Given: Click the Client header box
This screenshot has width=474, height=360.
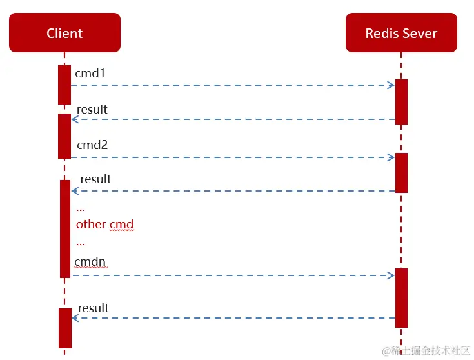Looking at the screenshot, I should click(64, 33).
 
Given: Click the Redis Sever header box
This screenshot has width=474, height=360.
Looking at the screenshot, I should click(401, 33).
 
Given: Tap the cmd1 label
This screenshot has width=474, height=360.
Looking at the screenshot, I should click(90, 74).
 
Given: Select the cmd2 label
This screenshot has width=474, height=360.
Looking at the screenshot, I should click(92, 145).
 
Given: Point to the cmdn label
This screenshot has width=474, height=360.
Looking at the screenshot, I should click(90, 262).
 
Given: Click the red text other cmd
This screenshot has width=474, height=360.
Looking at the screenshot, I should click(104, 225).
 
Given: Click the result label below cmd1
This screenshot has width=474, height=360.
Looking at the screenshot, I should click(92, 110).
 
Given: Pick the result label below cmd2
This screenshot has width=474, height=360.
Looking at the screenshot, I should click(95, 179).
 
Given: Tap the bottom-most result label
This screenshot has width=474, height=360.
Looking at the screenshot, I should click(94, 308).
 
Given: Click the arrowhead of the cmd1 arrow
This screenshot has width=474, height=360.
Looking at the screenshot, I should click(391, 85).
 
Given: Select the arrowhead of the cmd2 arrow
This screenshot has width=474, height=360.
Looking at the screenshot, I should click(391, 157).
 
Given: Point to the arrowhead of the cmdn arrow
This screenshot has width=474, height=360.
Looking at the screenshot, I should click(391, 275).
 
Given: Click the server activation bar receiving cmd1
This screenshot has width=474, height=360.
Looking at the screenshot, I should click(401, 101).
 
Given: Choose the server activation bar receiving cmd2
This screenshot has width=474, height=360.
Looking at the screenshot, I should click(401, 172).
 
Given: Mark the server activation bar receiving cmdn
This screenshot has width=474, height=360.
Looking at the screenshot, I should click(401, 297).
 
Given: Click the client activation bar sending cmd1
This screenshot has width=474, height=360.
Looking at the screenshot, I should click(64, 85).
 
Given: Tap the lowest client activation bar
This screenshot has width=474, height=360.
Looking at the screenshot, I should click(64, 328).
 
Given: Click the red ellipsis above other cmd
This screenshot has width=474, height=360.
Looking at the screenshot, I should click(81, 209).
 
